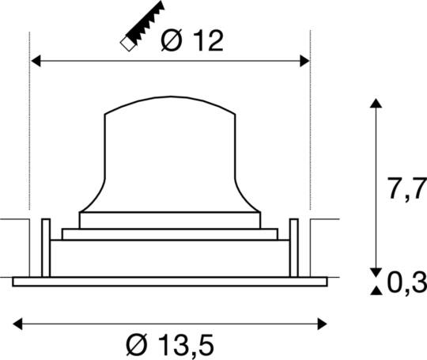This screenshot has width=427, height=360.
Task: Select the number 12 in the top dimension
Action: coord(205,40)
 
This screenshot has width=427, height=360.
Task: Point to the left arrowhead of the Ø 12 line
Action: coord(35,59)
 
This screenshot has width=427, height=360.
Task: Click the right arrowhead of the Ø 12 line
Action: coord(304,59)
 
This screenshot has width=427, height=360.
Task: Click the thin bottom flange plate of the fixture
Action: coord(170,281)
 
